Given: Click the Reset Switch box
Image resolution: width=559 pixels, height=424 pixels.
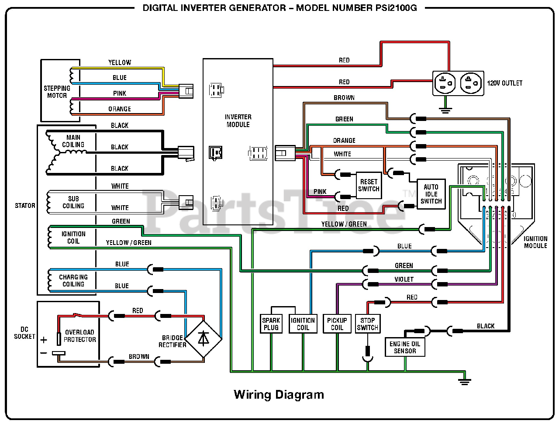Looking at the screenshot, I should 369,185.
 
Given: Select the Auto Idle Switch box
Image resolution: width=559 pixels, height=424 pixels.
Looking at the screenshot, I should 431,194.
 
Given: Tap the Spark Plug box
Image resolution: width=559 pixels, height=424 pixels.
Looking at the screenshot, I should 271,324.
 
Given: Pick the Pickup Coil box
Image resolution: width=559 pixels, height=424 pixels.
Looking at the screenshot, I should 337,324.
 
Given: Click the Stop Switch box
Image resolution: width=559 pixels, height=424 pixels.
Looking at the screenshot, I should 367,324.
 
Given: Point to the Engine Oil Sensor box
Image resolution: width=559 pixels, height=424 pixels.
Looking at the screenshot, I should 405,347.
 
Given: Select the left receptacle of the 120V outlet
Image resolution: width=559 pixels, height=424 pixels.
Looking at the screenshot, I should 445,83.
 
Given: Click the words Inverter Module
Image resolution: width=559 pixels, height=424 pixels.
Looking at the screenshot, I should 238,121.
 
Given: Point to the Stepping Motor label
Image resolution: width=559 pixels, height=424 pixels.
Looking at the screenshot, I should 57,92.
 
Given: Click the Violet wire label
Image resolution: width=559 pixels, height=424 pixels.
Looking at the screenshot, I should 404,279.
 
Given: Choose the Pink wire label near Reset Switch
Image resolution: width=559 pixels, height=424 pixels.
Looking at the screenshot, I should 320,191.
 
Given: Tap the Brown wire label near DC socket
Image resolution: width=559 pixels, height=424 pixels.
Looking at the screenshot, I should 139,356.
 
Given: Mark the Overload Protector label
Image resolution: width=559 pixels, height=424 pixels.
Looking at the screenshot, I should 79,336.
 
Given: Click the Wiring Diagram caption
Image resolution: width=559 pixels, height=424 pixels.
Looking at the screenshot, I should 279,395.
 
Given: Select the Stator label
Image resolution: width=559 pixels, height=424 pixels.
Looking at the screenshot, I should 25,205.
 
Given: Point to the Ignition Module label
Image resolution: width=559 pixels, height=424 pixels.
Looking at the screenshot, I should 535,242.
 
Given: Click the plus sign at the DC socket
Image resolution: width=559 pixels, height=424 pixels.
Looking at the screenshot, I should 44,340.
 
